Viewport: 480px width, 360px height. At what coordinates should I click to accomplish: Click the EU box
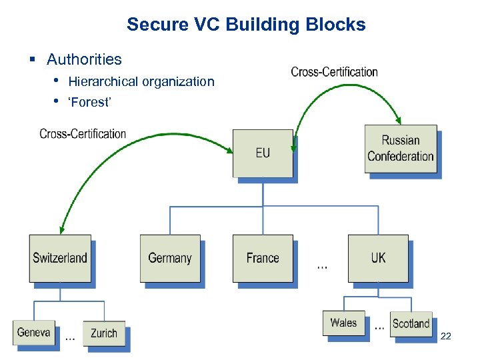point(263,153)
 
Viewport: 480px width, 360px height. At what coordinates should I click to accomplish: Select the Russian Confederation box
point(400,149)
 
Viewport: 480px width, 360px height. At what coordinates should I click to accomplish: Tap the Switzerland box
point(59,257)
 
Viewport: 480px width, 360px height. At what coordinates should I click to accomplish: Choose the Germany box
point(169,257)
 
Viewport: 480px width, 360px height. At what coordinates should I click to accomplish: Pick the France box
point(263,257)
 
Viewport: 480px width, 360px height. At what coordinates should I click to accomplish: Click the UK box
point(378,257)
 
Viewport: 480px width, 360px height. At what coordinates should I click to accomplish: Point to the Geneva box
point(33,332)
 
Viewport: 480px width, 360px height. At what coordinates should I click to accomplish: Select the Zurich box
point(103,333)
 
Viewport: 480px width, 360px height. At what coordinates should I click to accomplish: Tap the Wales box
point(343,323)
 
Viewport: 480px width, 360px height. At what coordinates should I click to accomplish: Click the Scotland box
point(411,323)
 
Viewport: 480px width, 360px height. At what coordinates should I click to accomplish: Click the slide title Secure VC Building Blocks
point(246,25)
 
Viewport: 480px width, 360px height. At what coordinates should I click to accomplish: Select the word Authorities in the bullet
point(84,59)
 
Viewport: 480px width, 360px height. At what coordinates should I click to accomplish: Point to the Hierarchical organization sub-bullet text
point(141,81)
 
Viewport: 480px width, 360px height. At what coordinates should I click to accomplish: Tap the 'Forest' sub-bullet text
point(90,102)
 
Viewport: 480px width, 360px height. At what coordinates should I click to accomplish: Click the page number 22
point(446,337)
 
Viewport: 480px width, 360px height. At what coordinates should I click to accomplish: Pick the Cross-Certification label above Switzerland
point(83,133)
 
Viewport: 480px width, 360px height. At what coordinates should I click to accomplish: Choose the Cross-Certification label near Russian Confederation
point(334,72)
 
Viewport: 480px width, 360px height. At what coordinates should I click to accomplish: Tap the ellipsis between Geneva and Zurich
point(69,337)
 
